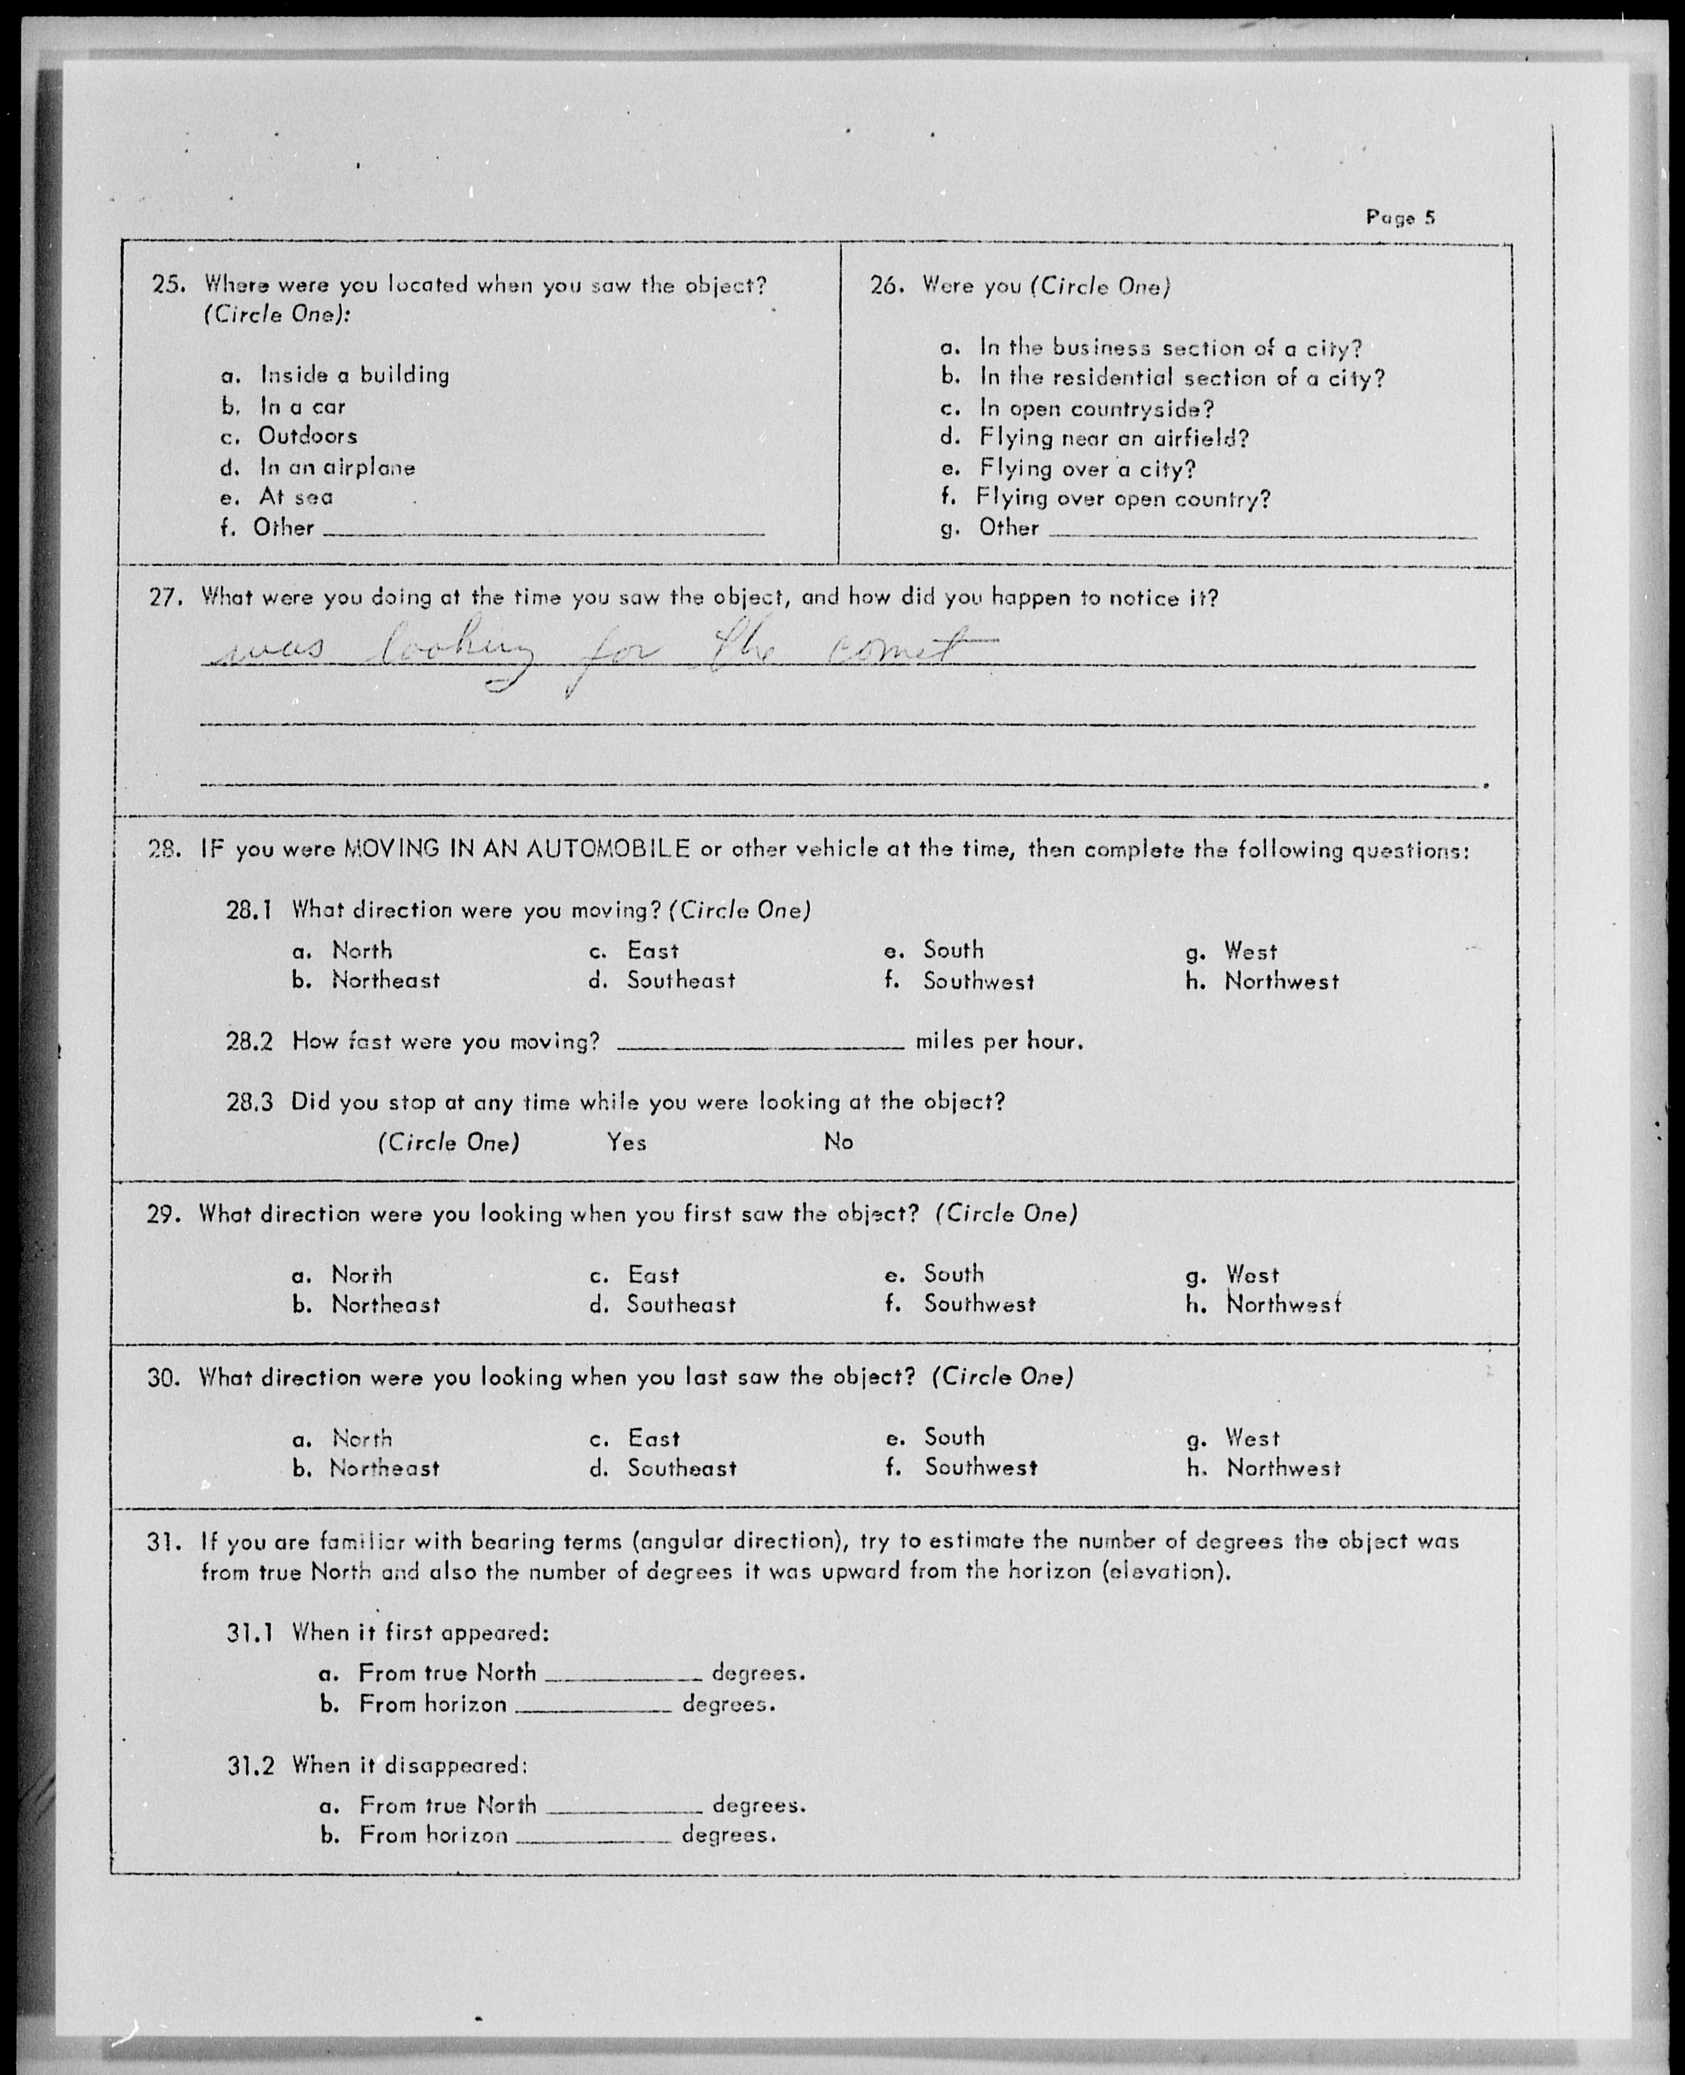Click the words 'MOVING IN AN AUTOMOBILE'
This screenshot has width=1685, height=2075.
pos(516,849)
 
